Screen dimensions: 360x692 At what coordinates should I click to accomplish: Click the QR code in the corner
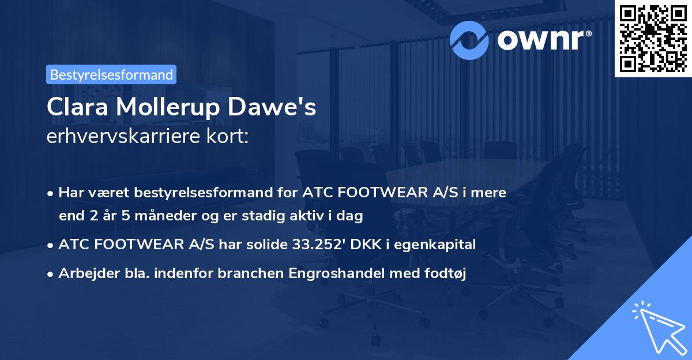pos(653,38)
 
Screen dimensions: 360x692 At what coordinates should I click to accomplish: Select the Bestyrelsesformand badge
pos(111,74)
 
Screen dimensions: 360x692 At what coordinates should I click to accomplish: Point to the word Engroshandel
pos(332,274)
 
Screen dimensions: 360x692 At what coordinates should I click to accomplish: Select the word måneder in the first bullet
pos(148,216)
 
